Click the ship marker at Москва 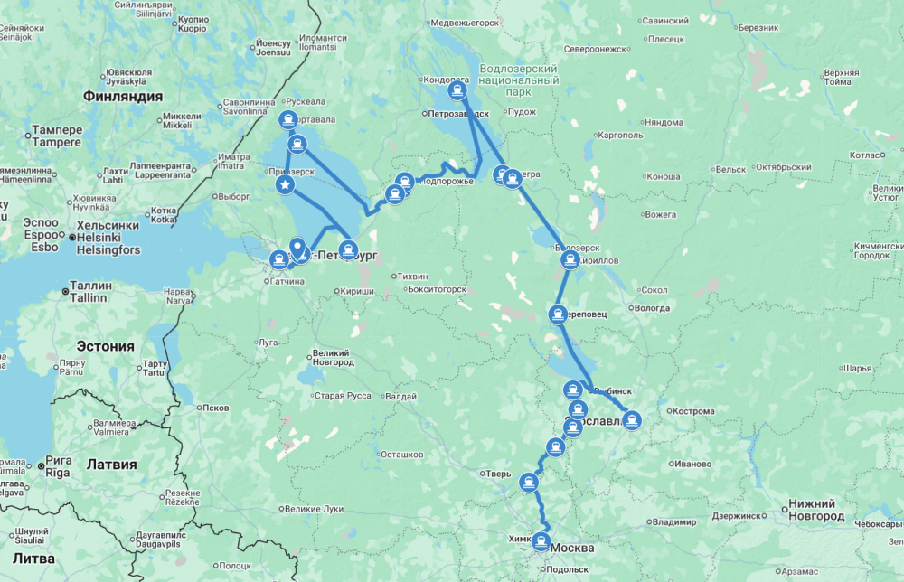click(541, 542)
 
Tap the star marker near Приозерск click(285, 185)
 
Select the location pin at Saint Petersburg click(297, 247)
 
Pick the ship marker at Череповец click(558, 314)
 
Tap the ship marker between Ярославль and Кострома click(633, 419)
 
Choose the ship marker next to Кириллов click(570, 260)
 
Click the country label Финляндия click(122, 96)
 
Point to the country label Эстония click(105, 346)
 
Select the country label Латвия click(110, 465)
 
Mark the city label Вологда click(653, 308)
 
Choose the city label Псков click(215, 408)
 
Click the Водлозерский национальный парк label click(518, 80)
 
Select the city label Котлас click(867, 155)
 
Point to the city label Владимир click(674, 522)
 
